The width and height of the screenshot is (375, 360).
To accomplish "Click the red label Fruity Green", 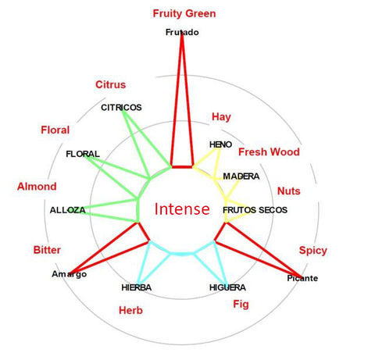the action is (x=184, y=13).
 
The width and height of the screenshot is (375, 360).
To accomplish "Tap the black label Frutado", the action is (x=182, y=32).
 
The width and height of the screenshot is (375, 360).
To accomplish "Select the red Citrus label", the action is (x=111, y=84).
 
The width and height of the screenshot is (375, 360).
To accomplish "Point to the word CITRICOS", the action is (x=121, y=108).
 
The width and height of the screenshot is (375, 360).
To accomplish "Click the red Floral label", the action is (x=55, y=130).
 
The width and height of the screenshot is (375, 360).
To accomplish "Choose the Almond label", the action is (x=37, y=187).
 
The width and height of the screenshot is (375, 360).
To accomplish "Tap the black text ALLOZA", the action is (x=68, y=210).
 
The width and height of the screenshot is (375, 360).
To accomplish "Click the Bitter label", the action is (x=47, y=250).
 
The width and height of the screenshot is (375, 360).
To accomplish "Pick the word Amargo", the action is (x=70, y=274).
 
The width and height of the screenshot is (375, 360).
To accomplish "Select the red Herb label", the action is (x=130, y=310).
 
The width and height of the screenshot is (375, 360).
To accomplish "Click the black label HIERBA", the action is (x=137, y=287).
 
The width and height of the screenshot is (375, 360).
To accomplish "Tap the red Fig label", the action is (x=241, y=305).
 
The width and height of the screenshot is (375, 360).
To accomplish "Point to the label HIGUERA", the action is (x=227, y=287).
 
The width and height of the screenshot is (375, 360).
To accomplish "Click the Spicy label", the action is (x=313, y=251).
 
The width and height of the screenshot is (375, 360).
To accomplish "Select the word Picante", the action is (x=302, y=278).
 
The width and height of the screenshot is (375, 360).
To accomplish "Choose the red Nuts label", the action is (x=289, y=191).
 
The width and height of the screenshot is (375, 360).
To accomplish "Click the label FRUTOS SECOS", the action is (x=255, y=210).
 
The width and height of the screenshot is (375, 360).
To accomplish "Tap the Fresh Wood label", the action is (x=269, y=152).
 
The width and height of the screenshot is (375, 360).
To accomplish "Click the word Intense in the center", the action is (x=182, y=209).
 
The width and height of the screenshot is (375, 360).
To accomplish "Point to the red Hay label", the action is (x=221, y=117).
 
